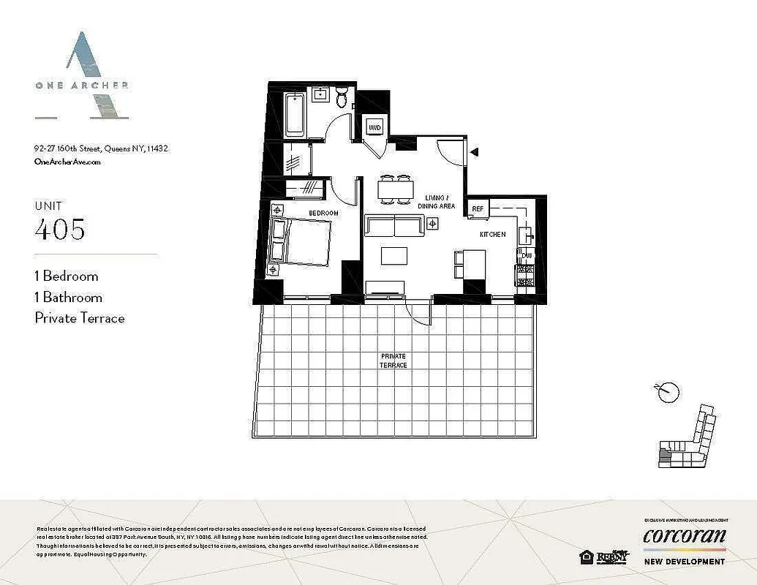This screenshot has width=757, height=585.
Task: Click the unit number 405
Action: click(60, 230)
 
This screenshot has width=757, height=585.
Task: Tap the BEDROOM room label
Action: click(323, 213)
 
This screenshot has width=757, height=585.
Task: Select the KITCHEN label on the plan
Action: click(492, 235)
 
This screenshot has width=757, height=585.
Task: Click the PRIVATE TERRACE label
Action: click(393, 361)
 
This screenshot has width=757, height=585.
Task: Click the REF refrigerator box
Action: click(478, 209)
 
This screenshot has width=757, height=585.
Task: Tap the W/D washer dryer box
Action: click(374, 128)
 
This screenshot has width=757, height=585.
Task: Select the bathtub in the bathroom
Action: click(295, 115)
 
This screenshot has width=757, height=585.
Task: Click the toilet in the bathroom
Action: click(342, 98)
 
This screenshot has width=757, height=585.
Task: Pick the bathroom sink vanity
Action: click(320, 94)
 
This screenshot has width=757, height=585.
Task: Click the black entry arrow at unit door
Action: click(474, 152)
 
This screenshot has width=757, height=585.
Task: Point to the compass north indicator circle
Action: click(667, 393)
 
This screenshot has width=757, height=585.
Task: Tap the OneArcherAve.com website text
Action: click(67, 162)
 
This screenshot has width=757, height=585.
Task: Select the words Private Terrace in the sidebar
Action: click(80, 318)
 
